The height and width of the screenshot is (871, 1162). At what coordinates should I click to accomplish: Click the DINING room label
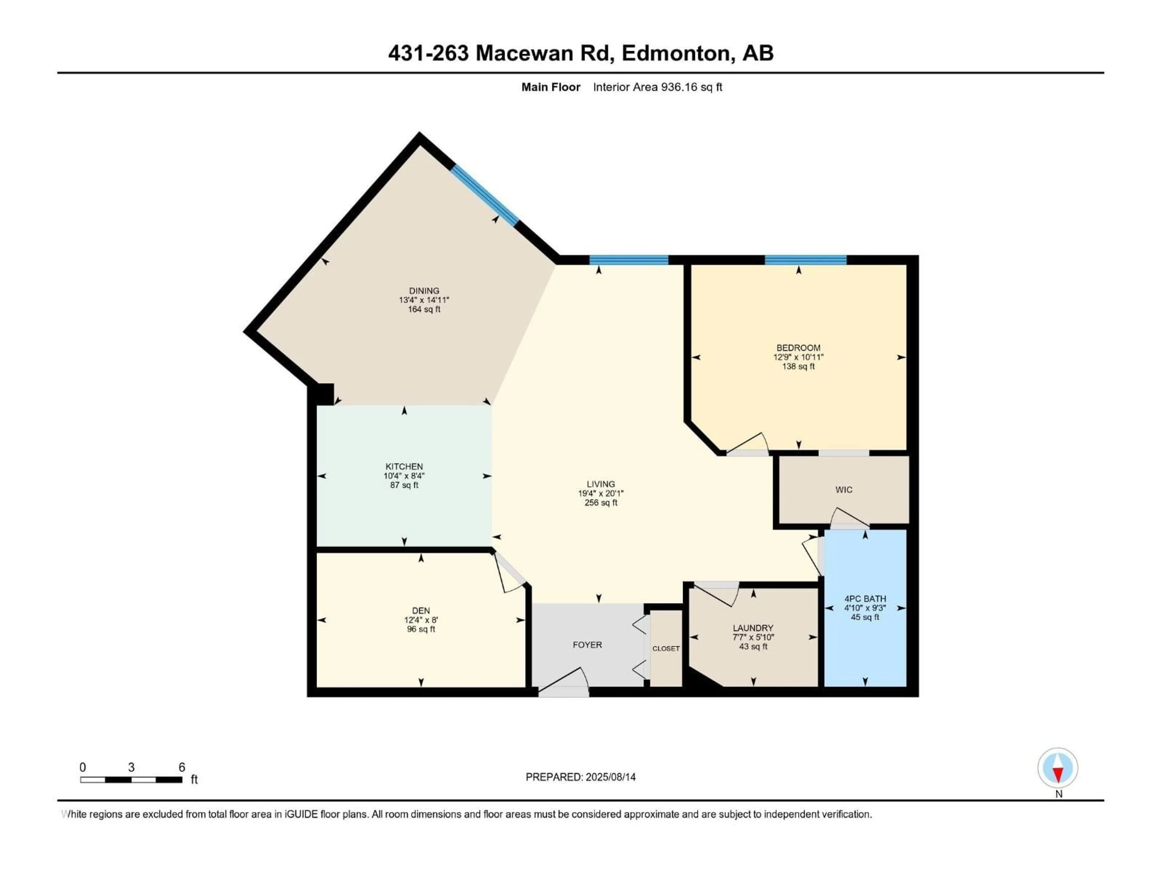pyautogui.click(x=424, y=290)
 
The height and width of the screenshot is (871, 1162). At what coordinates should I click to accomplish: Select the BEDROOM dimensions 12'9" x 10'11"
pyautogui.click(x=798, y=357)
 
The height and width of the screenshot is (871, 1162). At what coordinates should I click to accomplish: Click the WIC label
pyautogui.click(x=844, y=490)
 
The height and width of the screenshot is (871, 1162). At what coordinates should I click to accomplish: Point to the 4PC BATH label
pyautogui.click(x=865, y=599)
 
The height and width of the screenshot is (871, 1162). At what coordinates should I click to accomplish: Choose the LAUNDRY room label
pyautogui.click(x=753, y=628)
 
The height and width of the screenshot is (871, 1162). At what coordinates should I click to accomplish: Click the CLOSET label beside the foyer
pyautogui.click(x=665, y=648)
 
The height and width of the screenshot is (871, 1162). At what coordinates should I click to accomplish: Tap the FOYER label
pyautogui.click(x=587, y=645)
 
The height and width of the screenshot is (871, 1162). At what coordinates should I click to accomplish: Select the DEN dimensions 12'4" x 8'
pyautogui.click(x=421, y=620)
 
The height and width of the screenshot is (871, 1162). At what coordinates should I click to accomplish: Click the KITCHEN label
pyautogui.click(x=404, y=466)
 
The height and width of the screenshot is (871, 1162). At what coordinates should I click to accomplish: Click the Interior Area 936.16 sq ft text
pyautogui.click(x=657, y=87)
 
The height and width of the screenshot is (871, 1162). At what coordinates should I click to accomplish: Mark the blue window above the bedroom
pyautogui.click(x=805, y=259)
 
